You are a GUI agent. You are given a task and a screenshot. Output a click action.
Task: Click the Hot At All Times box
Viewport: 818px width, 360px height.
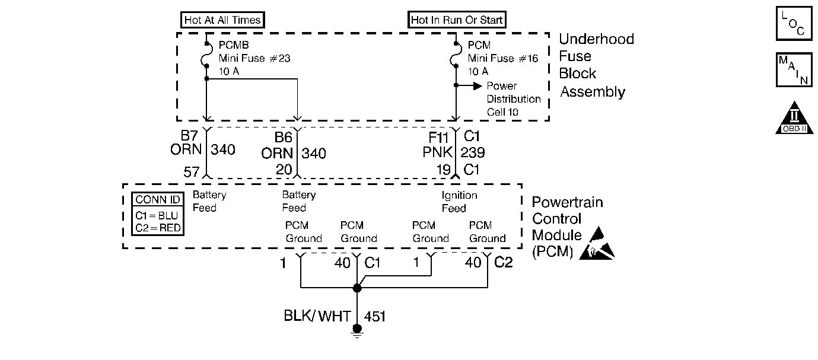(222, 20)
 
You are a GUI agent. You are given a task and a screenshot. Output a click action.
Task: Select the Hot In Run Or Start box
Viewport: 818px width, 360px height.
(457, 20)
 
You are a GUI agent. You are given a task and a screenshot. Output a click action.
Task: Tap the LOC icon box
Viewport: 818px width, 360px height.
(793, 23)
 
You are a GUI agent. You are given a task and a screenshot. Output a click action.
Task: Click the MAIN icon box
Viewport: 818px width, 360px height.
(794, 70)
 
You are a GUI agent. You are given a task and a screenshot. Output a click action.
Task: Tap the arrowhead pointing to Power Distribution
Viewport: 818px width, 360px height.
(477, 86)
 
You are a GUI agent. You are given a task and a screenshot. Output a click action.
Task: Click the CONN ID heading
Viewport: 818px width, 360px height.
(157, 200)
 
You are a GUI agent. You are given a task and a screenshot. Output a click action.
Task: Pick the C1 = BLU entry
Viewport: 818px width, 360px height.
(157, 215)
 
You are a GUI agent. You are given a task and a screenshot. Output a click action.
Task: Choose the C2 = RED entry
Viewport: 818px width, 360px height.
(157, 228)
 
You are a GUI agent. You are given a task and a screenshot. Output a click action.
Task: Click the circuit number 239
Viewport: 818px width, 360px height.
(473, 153)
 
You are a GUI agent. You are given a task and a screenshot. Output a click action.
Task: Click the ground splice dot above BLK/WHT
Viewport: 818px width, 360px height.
(357, 288)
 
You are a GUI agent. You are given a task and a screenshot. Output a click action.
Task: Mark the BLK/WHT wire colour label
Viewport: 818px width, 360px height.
(317, 316)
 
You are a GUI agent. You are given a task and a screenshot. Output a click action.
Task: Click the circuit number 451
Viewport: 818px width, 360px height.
(374, 316)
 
